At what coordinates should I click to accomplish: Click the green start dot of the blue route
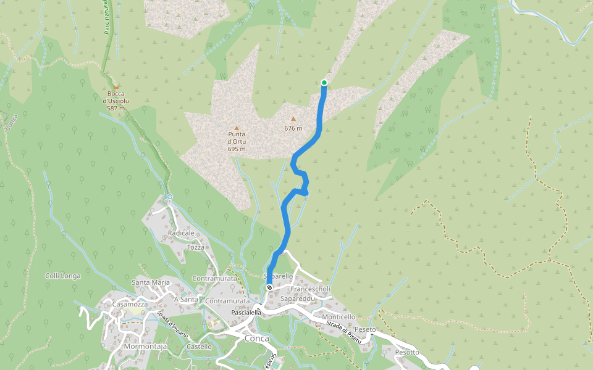324,83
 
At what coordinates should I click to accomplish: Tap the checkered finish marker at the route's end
269,288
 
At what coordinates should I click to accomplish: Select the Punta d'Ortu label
237,141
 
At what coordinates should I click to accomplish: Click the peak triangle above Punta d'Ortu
236,128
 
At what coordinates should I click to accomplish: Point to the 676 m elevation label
293,128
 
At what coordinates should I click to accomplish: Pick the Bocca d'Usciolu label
116,101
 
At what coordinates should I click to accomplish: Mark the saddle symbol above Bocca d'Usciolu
116,87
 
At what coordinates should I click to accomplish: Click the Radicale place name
181,233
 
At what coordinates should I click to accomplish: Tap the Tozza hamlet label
196,247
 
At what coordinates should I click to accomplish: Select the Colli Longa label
63,276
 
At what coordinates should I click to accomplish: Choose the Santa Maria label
151,282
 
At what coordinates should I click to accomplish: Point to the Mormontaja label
145,347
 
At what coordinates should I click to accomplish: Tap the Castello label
199,347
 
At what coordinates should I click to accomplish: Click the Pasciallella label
246,313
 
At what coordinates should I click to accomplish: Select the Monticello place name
337,317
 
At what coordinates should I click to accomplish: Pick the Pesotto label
407,352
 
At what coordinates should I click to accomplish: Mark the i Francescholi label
309,289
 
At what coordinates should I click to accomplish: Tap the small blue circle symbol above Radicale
169,197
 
